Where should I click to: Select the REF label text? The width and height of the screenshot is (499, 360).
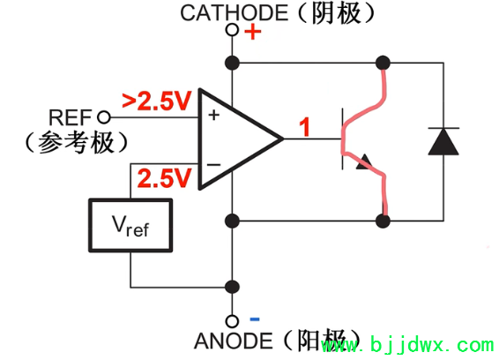point(71,116)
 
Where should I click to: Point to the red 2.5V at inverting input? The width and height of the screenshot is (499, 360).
point(163,179)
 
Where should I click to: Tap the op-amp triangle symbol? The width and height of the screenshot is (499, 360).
point(234,139)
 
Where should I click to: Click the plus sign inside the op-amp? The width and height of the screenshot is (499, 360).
point(212,115)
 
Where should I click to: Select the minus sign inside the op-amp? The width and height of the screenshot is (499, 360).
point(212,164)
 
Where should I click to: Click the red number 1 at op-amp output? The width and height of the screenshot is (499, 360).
point(304,127)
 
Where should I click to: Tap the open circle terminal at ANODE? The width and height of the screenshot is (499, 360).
point(233,320)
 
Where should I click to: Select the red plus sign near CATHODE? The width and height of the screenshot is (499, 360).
point(253,33)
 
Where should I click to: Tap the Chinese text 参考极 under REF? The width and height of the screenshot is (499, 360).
point(78,140)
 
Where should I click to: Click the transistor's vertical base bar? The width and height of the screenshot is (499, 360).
point(342,139)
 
